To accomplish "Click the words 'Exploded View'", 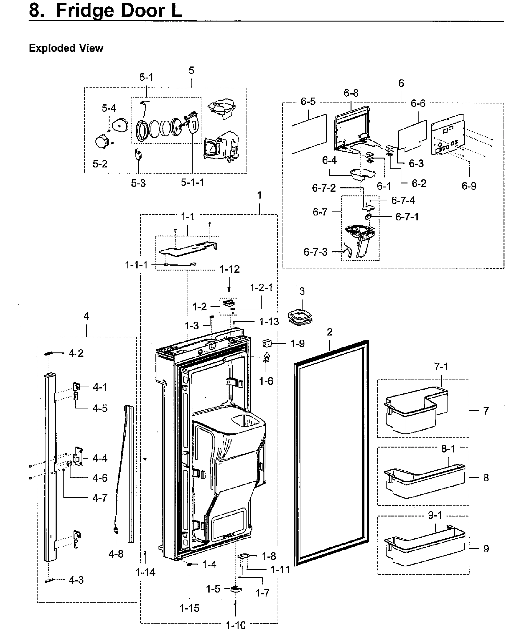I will [66, 48].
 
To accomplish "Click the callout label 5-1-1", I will [192, 183].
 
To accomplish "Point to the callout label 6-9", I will [469, 186].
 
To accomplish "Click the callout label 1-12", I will [229, 269].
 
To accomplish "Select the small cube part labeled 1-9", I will [267, 342].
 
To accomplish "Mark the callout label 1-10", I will [236, 625].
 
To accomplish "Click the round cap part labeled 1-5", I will [236, 589].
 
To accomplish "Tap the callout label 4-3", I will [76, 580].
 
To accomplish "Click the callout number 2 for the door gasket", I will [330, 332].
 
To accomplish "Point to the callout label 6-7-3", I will [315, 252].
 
